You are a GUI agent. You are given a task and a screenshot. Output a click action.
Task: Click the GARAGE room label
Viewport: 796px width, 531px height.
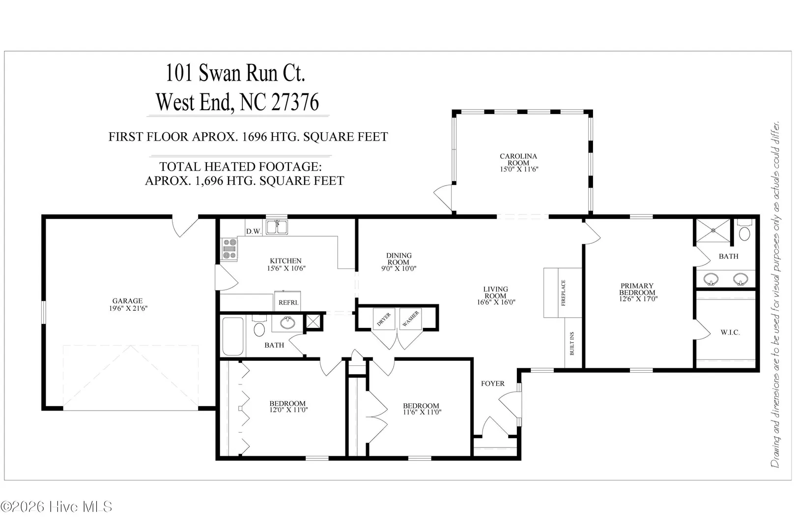point(128,301)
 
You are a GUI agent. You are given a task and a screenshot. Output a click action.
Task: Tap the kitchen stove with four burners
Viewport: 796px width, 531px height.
point(229,249)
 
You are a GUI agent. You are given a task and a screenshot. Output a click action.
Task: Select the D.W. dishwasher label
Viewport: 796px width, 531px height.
point(254,232)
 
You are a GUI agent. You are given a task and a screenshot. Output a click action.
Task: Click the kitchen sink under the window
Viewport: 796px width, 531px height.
point(277,227)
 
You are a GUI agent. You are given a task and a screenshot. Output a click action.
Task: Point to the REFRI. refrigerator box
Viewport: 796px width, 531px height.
point(287,301)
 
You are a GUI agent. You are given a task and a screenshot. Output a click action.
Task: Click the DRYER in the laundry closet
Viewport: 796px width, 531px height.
point(384,319)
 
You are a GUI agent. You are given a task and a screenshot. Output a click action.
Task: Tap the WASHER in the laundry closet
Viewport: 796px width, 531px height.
point(410,319)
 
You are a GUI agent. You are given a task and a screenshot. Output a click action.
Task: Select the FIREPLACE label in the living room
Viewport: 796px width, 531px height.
point(563,293)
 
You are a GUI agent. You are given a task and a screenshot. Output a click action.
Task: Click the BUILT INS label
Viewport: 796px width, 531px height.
point(572,344)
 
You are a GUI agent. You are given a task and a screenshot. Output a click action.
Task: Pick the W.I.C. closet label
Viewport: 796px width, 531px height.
point(730,332)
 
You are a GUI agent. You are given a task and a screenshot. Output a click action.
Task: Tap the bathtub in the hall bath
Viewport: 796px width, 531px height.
point(233,336)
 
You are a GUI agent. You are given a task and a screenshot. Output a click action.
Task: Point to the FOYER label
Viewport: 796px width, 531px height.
point(492,383)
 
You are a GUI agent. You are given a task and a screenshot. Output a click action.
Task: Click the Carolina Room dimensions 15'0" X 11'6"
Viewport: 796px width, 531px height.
point(519,169)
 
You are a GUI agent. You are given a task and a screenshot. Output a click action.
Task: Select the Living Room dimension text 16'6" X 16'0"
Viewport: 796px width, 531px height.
point(496,302)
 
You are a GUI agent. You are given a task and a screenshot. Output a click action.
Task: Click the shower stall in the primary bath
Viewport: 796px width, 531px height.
point(713,231)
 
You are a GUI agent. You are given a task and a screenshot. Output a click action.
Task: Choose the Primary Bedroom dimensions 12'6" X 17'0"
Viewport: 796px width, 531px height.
point(638,299)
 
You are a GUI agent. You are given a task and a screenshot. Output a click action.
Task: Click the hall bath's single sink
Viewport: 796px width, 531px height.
point(287,323)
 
